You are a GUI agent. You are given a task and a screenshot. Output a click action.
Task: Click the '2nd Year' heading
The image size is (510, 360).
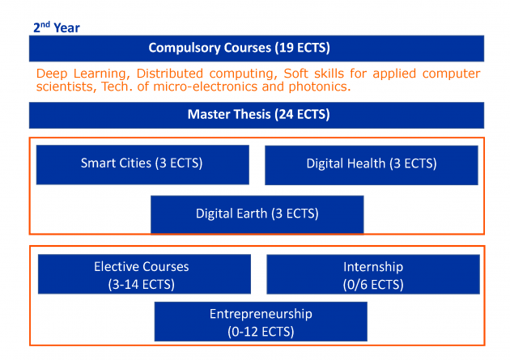click(57, 28)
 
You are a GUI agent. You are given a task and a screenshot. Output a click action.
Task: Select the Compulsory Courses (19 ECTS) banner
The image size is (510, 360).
click(257, 49)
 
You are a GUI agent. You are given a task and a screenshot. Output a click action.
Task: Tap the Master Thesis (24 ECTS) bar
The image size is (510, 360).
click(257, 115)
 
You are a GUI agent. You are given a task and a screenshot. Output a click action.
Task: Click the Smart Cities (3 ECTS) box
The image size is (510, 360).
click(142, 165)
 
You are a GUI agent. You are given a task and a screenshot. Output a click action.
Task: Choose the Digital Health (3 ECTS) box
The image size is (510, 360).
click(372, 165)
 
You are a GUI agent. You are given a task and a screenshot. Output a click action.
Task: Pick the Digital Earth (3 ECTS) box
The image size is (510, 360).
click(257, 214)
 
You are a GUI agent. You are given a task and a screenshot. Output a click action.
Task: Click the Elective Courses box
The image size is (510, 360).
click(144, 274)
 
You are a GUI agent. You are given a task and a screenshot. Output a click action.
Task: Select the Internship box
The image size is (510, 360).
click(373, 274)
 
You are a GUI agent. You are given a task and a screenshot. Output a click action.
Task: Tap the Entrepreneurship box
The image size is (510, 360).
click(261, 321)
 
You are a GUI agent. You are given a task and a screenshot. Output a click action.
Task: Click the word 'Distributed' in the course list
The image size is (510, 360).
click(170, 74)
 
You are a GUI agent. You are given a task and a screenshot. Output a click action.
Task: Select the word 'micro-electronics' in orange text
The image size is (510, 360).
click(205, 87)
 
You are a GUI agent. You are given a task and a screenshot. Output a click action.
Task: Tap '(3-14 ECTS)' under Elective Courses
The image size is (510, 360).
click(142, 285)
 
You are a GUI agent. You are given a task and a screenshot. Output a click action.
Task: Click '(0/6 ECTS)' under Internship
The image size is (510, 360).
click(373, 285)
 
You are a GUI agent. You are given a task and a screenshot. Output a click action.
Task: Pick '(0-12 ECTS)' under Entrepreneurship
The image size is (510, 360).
click(261, 332)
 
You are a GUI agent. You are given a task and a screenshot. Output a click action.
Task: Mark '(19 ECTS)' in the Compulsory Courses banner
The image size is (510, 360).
click(303, 48)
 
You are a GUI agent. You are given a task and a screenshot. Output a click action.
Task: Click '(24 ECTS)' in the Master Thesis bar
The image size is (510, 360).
click(302, 114)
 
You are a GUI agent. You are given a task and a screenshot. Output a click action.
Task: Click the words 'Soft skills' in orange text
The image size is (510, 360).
click(314, 74)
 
